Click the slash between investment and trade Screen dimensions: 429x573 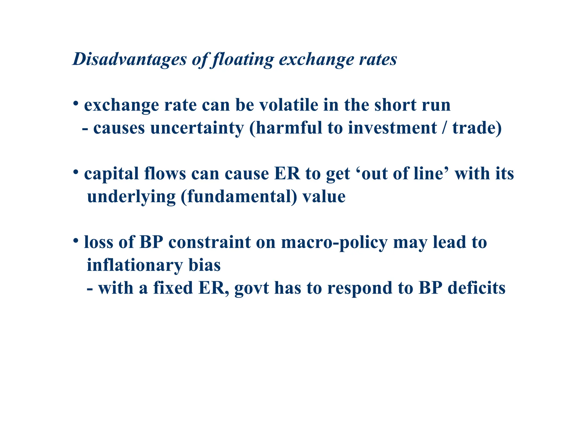(444, 128)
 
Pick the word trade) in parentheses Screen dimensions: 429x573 (477, 128)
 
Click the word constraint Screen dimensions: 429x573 (210, 242)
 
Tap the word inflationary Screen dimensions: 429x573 (135, 265)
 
